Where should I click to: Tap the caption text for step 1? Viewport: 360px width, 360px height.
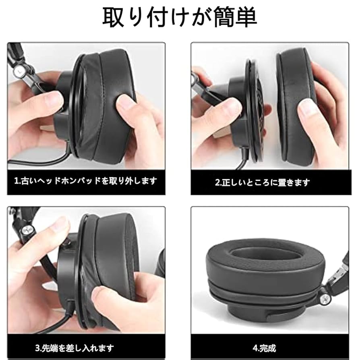85,181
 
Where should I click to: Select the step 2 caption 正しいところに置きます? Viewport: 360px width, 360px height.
263,182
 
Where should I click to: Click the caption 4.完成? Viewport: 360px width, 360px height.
265,347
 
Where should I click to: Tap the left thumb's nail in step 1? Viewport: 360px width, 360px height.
55,99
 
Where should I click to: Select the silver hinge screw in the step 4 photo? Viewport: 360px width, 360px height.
325,298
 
